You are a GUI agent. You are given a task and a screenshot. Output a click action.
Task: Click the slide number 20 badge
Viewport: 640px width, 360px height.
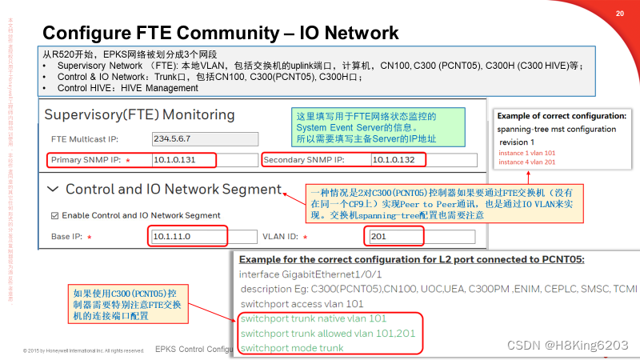620,14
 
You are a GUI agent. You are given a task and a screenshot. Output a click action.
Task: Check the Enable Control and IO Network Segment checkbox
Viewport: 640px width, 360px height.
54,215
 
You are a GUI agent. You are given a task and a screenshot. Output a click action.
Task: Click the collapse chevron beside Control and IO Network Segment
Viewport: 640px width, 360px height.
53,190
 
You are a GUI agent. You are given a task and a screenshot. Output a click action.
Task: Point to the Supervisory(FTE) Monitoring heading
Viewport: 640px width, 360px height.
139,114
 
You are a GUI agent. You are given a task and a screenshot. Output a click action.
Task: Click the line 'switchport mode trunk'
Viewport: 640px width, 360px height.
292,348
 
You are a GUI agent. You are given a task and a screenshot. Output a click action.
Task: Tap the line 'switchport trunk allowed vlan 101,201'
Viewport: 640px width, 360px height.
328,333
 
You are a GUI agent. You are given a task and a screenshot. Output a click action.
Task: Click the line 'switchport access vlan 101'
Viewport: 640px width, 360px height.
302,303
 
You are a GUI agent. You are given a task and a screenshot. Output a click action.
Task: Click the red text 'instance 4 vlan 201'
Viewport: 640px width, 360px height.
527,162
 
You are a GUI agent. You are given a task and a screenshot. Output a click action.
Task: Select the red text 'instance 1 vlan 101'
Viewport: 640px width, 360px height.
527,152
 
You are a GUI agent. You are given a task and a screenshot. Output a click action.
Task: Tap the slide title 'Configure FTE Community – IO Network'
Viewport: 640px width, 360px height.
220,33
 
